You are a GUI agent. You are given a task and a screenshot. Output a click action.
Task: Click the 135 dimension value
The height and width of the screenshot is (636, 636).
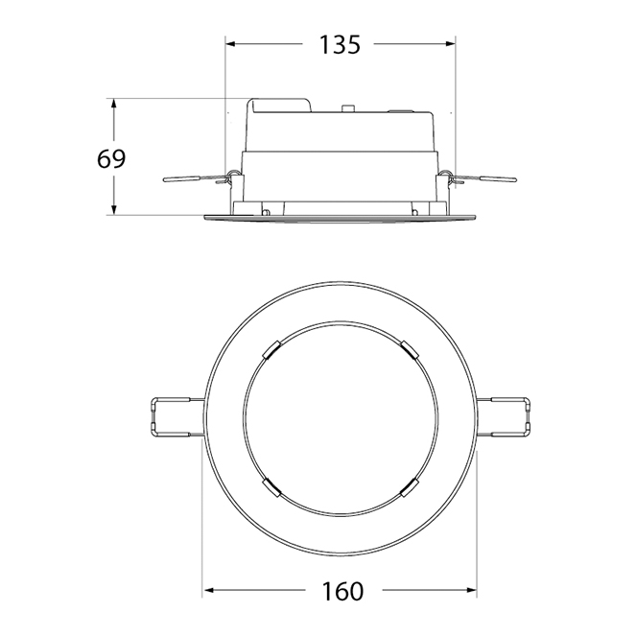(340, 45)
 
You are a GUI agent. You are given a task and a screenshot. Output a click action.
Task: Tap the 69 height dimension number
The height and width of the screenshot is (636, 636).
(111, 159)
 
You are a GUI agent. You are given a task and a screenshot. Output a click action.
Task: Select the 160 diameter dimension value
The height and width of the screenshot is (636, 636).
(342, 591)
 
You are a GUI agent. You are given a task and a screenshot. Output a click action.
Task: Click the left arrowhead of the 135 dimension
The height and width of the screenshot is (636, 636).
(231, 44)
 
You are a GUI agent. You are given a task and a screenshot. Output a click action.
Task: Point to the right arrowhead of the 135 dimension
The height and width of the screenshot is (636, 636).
(450, 44)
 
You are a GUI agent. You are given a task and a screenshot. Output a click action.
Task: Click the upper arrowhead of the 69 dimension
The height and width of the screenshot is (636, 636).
(114, 104)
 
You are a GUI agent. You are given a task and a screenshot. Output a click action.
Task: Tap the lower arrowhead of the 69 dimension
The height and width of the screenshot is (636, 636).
(114, 209)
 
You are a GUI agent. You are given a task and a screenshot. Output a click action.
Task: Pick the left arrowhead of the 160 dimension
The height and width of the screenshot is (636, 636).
(208, 590)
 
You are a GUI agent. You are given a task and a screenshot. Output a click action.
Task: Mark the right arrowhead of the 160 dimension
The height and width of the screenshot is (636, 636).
(471, 590)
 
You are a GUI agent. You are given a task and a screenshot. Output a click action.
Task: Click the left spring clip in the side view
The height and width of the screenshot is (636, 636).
(198, 178)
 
